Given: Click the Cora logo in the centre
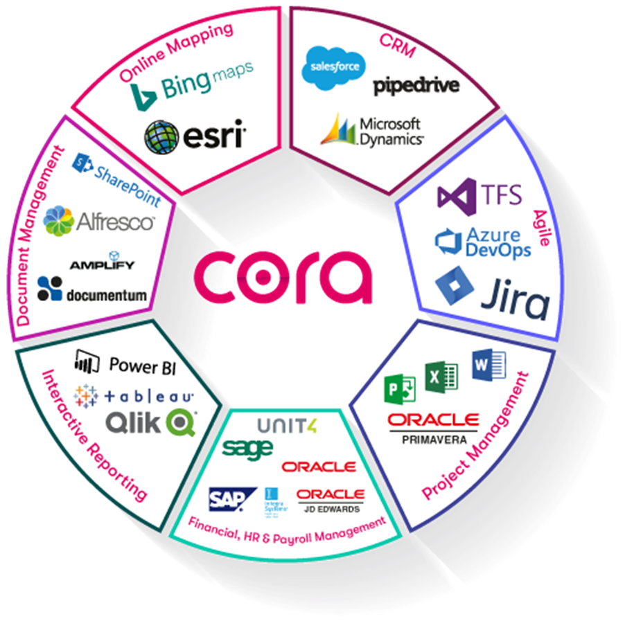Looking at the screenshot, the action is pyautogui.click(x=283, y=276).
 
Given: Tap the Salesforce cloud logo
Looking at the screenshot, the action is pyautogui.click(x=333, y=68).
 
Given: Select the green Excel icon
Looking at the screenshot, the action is pyautogui.click(x=441, y=378).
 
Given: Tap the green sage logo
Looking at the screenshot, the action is pyautogui.click(x=247, y=448).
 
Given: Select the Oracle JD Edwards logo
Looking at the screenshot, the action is pyautogui.click(x=330, y=499).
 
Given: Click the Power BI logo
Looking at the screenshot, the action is pyautogui.click(x=125, y=363).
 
